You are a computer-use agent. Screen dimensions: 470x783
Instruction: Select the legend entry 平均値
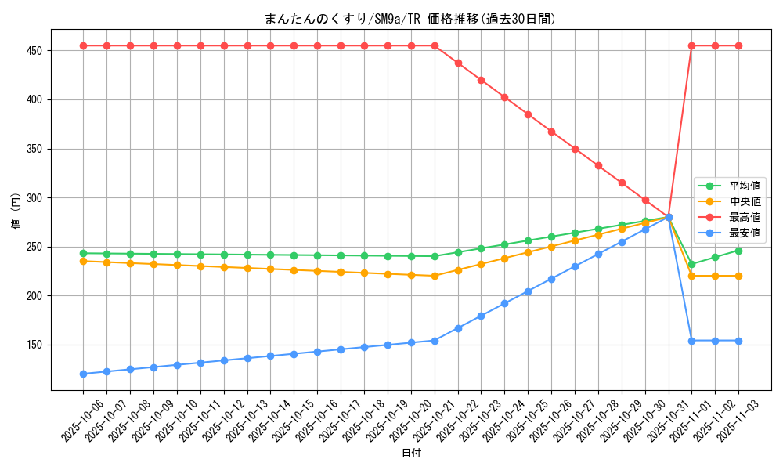pos(745,186)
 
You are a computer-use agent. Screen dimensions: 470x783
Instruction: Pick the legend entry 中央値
pos(745,202)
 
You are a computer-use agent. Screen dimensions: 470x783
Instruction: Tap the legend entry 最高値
pos(745,218)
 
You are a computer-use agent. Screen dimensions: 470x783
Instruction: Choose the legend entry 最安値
pos(745,233)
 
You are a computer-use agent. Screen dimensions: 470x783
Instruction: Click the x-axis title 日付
pos(411,454)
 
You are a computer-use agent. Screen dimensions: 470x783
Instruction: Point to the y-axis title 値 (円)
pos(16,211)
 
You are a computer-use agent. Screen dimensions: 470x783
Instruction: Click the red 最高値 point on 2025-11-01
pos(691,45)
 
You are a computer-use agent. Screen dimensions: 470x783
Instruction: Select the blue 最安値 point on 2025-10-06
pos(83,374)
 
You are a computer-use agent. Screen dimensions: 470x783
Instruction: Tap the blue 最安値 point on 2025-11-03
pos(738,341)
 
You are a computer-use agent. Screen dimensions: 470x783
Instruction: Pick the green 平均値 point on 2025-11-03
pos(738,251)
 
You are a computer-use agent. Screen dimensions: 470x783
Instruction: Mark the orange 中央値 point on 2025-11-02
pos(715,276)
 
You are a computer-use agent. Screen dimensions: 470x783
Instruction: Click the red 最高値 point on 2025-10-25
pos(528,114)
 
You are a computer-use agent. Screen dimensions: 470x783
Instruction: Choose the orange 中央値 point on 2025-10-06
pos(83,261)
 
